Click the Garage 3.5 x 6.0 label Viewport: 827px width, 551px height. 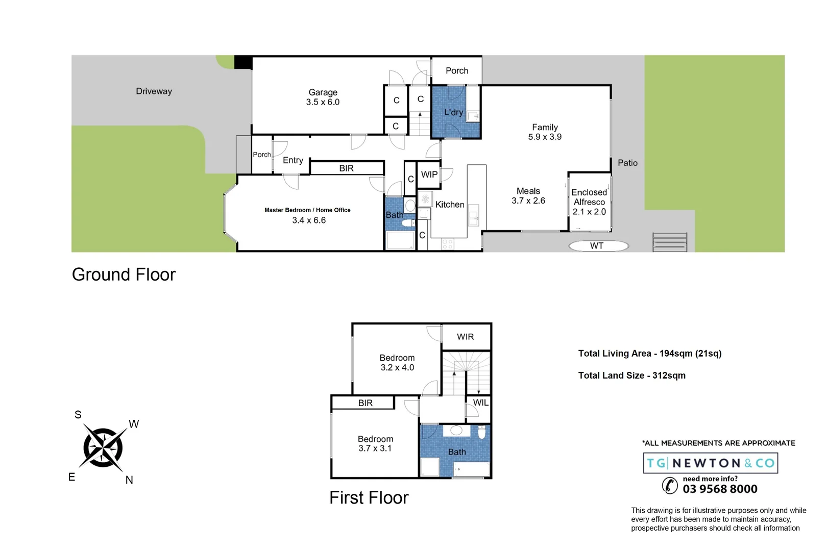coord(323,97)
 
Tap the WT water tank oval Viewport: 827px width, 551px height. coord(598,246)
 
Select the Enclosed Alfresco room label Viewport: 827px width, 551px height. coord(589,202)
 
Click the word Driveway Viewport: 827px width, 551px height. coord(154,91)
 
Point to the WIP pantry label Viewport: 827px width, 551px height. coord(429,174)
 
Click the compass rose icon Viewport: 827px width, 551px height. coord(103,448)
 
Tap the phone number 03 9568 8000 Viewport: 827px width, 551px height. coord(720,489)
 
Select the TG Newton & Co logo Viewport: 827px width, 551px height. coord(710,463)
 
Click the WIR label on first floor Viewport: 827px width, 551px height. coord(465,337)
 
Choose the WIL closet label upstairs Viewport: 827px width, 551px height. coord(480,403)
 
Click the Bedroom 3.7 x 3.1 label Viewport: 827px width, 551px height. coord(375,443)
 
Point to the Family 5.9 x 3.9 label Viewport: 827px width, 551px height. coord(545,132)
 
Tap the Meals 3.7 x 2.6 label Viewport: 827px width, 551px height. coord(528,196)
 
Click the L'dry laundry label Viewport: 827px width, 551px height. coord(453,112)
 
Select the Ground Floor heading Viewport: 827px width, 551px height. coord(124,274)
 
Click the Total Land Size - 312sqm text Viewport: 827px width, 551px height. coord(631,375)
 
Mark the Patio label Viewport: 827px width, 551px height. coord(627,163)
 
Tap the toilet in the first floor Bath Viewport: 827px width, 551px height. coord(481,433)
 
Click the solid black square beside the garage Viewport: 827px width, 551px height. coord(243,62)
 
